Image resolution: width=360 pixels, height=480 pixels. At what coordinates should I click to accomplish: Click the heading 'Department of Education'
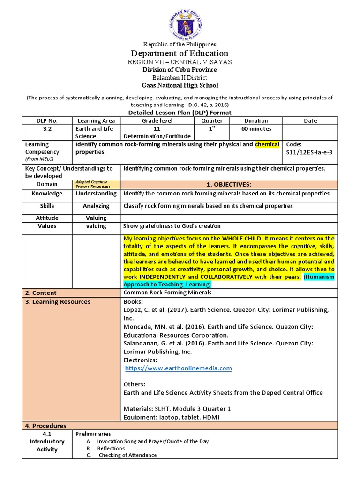[180, 53]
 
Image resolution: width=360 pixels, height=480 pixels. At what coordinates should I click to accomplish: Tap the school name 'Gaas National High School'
[180, 85]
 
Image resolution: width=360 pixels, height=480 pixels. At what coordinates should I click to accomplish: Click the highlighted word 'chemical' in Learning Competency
[267, 144]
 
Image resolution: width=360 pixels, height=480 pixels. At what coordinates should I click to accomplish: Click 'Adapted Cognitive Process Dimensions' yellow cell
[97, 184]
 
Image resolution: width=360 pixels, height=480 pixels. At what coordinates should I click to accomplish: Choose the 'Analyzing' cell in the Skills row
[97, 206]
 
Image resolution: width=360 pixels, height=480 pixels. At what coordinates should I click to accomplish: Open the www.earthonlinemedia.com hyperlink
[179, 368]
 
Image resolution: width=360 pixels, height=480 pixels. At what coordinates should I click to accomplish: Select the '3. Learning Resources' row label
[58, 302]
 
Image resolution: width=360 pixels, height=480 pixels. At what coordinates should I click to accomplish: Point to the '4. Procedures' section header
[45, 426]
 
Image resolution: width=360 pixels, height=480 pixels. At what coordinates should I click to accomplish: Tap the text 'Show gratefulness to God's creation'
[172, 226]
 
